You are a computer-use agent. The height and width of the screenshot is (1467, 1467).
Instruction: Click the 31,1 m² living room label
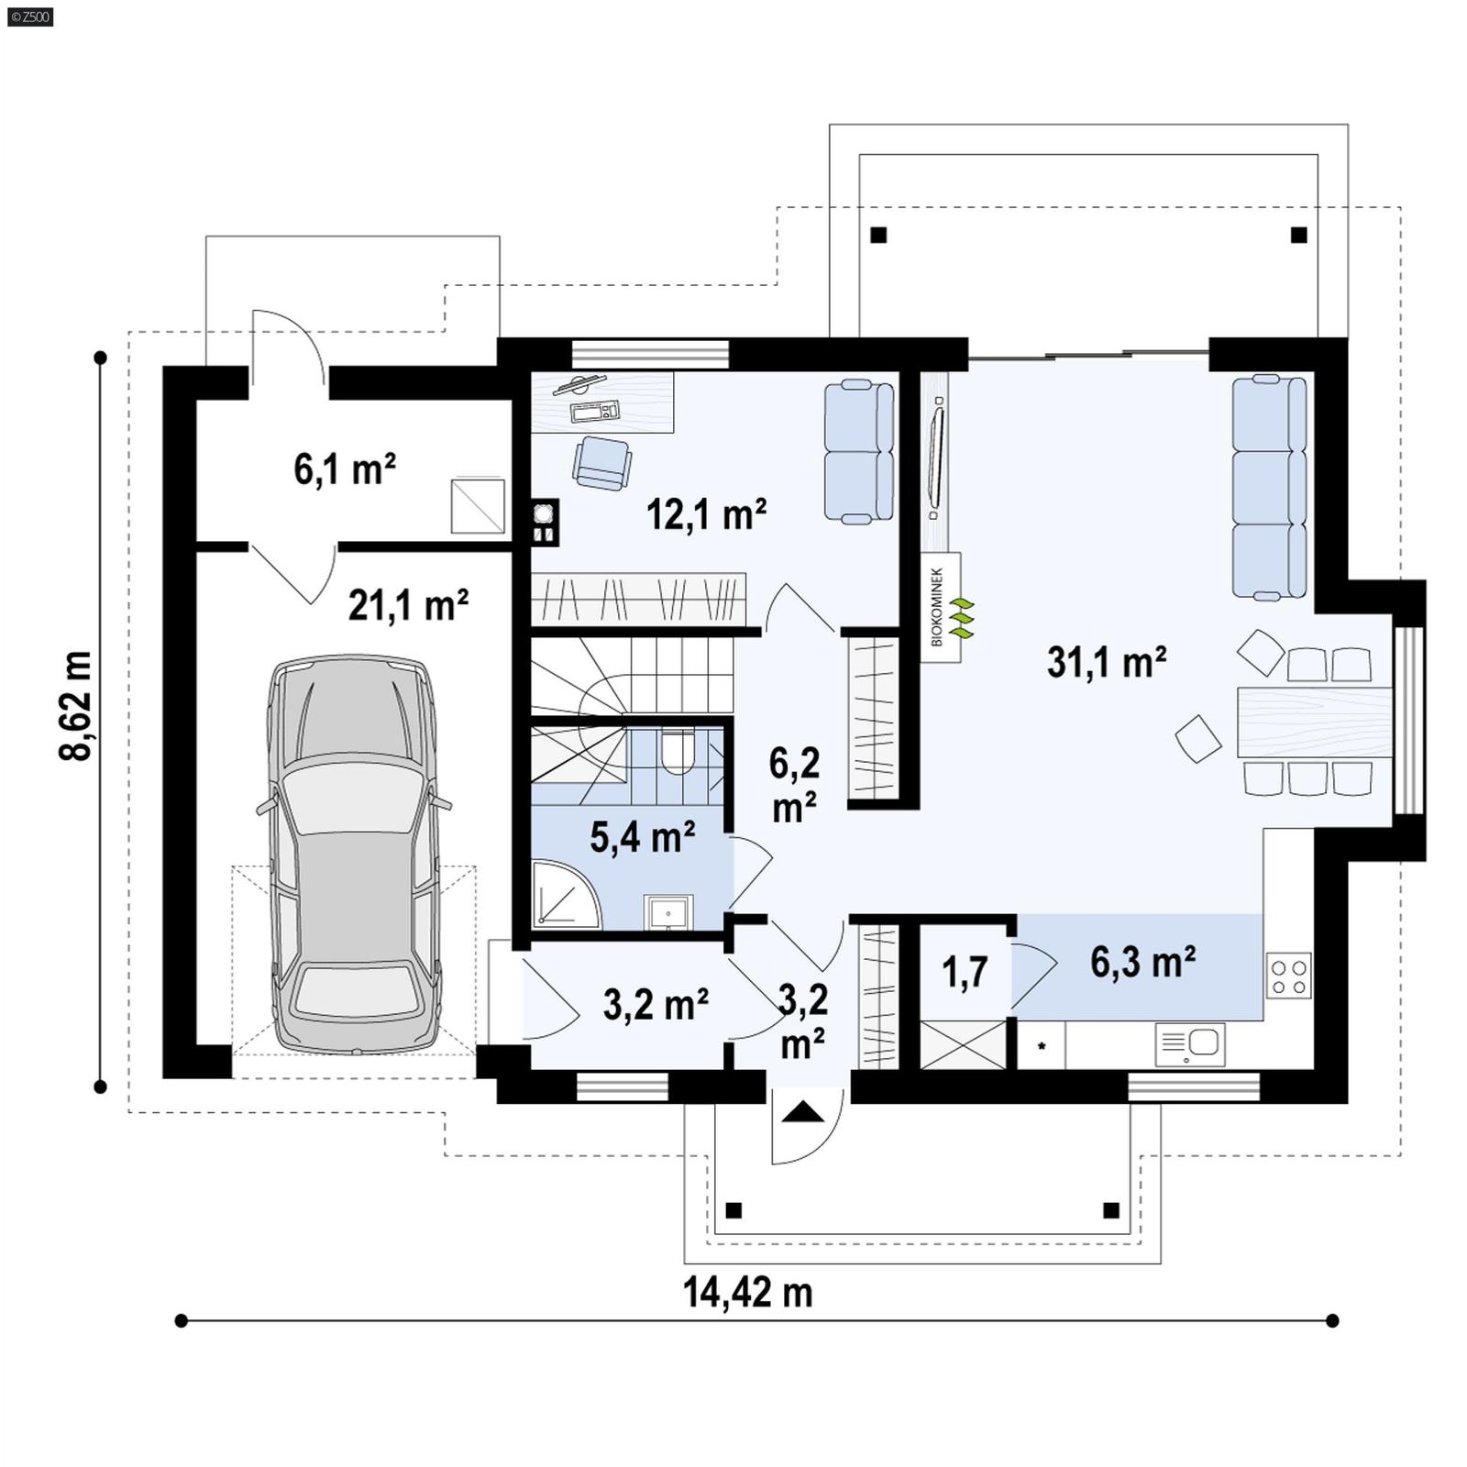pyautogui.click(x=1106, y=662)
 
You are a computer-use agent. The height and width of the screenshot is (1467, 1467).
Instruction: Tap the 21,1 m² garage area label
pyautogui.click(x=408, y=605)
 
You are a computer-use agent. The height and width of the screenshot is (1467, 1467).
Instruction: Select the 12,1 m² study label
pyautogui.click(x=706, y=514)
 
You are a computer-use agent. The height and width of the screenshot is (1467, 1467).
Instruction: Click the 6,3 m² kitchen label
pyautogui.click(x=1142, y=962)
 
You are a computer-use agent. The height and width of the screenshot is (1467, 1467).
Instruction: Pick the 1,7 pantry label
pyautogui.click(x=965, y=973)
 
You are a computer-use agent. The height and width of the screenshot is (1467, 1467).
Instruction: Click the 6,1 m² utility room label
pyautogui.click(x=345, y=469)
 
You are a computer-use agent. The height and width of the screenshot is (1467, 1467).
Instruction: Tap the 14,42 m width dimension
pyautogui.click(x=747, y=1292)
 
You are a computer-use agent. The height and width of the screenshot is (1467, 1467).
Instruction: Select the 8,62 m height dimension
pyautogui.click(x=75, y=705)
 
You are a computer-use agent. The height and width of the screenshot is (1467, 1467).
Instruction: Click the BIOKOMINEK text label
pyautogui.click(x=937, y=606)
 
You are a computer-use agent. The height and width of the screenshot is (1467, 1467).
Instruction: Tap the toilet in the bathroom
pyautogui.click(x=678, y=752)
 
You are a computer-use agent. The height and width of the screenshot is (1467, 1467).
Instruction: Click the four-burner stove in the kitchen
pyautogui.click(x=1288, y=976)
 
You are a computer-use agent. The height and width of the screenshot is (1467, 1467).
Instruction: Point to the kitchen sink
pyautogui.click(x=1191, y=1043)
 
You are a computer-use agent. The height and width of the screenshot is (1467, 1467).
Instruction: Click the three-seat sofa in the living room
pyautogui.click(x=1270, y=487)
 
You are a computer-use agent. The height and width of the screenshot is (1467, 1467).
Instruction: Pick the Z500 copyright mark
pyautogui.click(x=29, y=16)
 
